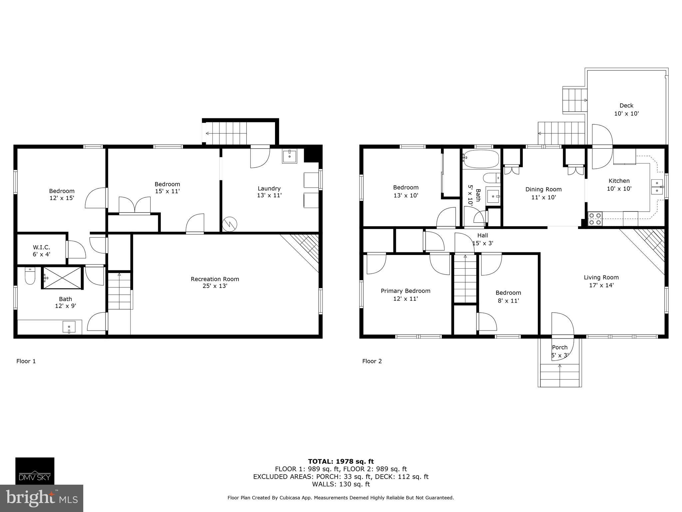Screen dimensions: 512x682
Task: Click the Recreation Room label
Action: (x=215, y=279)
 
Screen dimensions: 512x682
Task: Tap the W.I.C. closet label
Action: (x=41, y=247)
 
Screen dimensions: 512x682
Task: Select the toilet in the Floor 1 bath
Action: (x=30, y=276)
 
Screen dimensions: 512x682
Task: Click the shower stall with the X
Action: (x=62, y=277)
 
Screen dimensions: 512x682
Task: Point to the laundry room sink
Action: (x=289, y=156)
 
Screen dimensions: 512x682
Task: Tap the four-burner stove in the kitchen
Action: (x=595, y=219)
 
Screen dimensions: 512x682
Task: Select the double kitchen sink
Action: (x=657, y=187)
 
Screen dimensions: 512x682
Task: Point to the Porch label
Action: (x=560, y=347)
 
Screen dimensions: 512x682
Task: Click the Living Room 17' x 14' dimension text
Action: (x=601, y=285)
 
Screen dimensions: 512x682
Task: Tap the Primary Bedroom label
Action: (x=406, y=291)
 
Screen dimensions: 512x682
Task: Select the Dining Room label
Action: (x=543, y=189)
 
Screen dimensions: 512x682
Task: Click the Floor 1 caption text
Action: (x=26, y=361)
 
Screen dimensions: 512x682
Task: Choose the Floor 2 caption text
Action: (x=372, y=361)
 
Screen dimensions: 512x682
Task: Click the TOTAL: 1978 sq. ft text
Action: (x=341, y=461)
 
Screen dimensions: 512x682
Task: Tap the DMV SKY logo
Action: (x=35, y=471)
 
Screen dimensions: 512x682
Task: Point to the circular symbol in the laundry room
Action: (x=230, y=224)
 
